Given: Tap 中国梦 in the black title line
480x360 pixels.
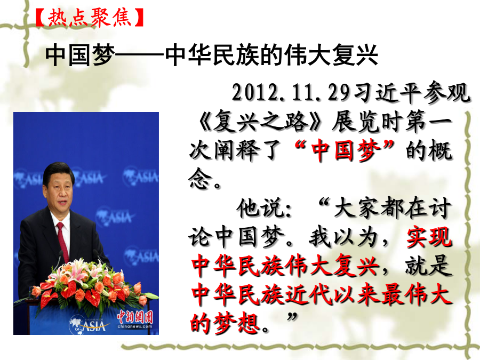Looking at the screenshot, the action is [x=80, y=55].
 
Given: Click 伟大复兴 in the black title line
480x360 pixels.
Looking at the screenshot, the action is [x=331, y=55].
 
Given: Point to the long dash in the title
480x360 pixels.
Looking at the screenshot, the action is [x=140, y=55].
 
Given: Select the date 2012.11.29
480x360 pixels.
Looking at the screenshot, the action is [x=290, y=92].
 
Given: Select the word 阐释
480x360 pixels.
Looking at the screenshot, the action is [x=236, y=150].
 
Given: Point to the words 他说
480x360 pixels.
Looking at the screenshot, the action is [x=260, y=208].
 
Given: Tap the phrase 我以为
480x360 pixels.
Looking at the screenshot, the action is [x=343, y=237].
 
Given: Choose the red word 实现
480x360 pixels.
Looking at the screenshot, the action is [x=429, y=237].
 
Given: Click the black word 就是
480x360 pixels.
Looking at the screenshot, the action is [x=429, y=266].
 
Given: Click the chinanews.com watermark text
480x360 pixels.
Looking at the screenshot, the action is [x=135, y=327].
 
